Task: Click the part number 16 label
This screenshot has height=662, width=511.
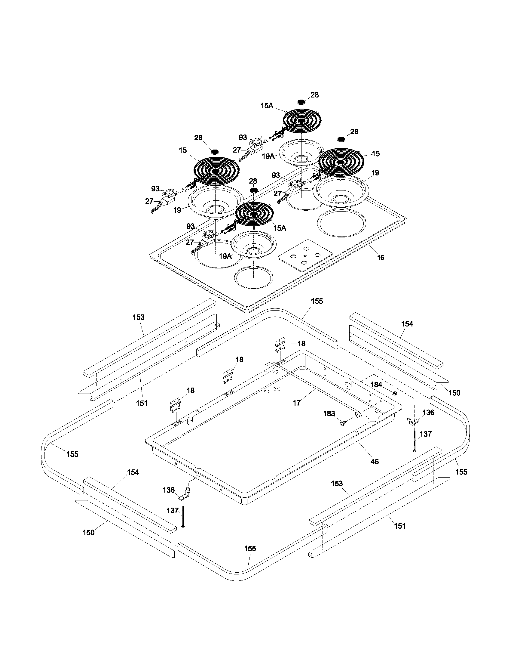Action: coord(380,257)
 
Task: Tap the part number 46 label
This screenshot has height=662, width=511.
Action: coord(375,462)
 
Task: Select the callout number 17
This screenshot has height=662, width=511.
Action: coord(296,403)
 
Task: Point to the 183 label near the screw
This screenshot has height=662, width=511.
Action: coord(329,413)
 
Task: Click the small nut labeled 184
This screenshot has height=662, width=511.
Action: coord(395,394)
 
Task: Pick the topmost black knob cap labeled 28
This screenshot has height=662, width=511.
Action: coord(301,101)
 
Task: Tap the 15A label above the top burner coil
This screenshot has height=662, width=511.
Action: coord(267,106)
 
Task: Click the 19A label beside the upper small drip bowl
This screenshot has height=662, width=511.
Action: coord(268,156)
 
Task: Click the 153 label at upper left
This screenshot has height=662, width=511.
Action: coord(139,317)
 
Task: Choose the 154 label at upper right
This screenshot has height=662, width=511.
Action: coord(407,324)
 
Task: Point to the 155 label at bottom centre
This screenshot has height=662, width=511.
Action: coord(250,549)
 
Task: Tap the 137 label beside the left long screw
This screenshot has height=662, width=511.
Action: coord(173,510)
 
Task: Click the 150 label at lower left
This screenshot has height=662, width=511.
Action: coord(88,533)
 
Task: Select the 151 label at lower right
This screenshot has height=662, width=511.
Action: coord(399,526)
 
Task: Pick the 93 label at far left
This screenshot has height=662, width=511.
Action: coord(155,189)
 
